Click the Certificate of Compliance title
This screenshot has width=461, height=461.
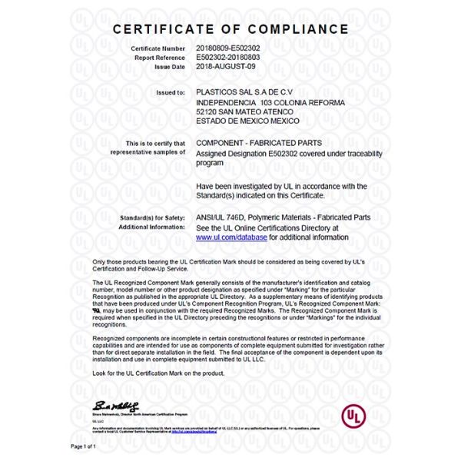click(230, 29)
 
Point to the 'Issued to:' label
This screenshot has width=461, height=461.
click(170, 93)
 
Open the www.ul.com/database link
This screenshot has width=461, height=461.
click(231, 238)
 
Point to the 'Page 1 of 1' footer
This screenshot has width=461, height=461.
click(84, 446)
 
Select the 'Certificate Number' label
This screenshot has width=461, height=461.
click(158, 48)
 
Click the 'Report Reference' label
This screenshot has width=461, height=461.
click(160, 58)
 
